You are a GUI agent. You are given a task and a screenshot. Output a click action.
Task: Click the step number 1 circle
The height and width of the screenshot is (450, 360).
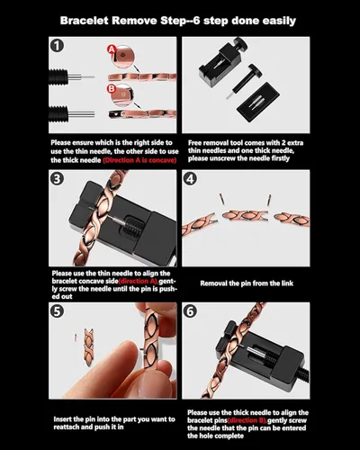coord(58,45)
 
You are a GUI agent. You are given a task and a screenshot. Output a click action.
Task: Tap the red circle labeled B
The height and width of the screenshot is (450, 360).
coord(110,89)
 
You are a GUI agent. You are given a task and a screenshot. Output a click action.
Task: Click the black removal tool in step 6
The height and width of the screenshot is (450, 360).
coord(270,360)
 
